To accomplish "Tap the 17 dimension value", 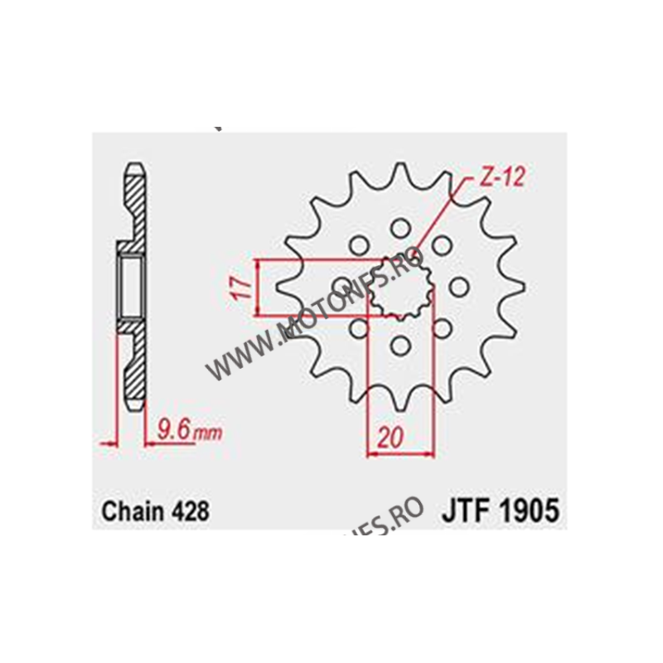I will [241, 288].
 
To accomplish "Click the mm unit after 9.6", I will [211, 433].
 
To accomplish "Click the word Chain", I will [130, 510].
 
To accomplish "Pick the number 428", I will [189, 510].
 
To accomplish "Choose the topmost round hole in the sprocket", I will [401, 226].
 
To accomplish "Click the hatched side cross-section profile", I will [133, 365].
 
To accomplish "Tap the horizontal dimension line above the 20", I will [400, 452].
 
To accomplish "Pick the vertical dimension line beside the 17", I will [259, 288].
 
